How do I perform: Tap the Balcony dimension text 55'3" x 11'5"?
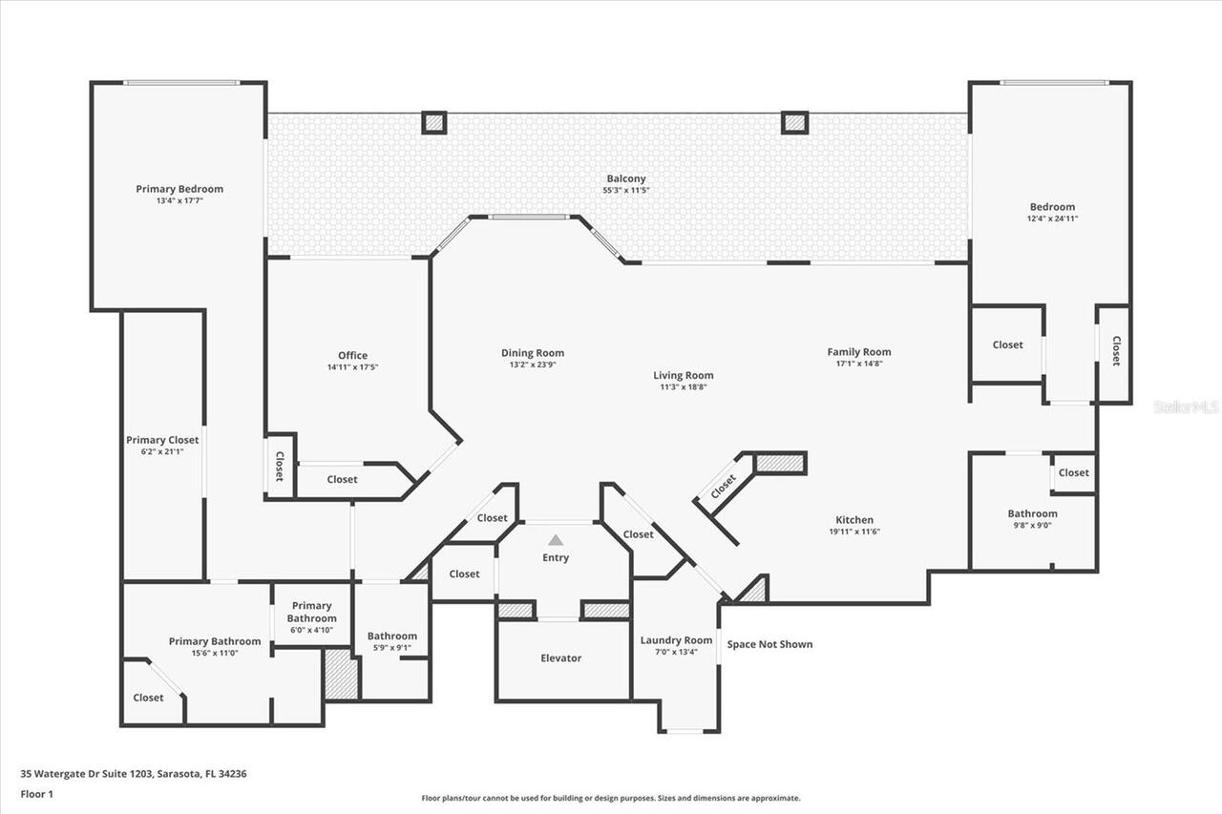[626, 191]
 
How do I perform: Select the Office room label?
[352, 356]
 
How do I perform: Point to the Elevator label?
[560, 658]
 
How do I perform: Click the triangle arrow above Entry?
[556, 540]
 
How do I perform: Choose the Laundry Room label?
[676, 640]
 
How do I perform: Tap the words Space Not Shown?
[769, 644]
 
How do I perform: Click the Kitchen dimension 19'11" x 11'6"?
[854, 532]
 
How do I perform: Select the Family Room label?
[859, 352]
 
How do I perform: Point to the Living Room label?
[684, 375]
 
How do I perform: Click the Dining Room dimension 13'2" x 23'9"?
[533, 365]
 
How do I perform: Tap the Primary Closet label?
[162, 440]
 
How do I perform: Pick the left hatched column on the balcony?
[434, 122]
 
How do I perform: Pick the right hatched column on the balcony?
[794, 122]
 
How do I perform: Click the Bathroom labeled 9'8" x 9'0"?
[1032, 513]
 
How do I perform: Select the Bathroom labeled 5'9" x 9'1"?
[392, 637]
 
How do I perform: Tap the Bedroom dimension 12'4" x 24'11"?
[1052, 219]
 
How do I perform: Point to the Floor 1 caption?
[36, 794]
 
